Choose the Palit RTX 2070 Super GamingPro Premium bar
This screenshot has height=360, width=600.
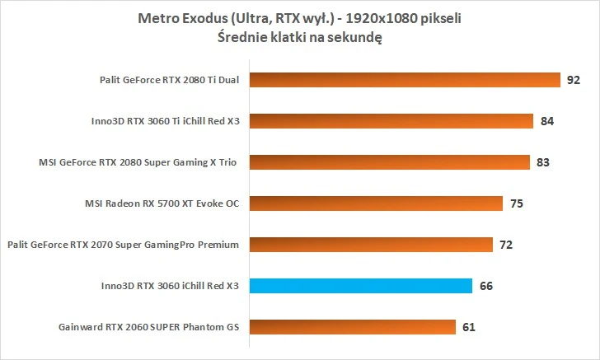371,245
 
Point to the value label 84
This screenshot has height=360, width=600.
546,121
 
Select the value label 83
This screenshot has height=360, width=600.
542,162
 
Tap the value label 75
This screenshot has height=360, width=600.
516,203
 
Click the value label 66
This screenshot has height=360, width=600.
485,286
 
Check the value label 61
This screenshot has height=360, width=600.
468,327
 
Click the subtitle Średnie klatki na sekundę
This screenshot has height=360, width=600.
300,37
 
